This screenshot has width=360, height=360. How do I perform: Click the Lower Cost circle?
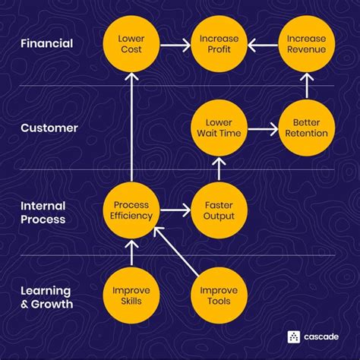tap(131, 43)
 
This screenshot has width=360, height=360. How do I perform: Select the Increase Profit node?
tap(219, 43)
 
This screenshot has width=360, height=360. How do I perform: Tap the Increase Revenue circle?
tap(306, 43)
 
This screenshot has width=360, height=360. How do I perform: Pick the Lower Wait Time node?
tap(219, 128)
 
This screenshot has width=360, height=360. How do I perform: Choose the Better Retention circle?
tap(306, 128)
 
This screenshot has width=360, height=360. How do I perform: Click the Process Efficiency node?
tap(131, 210)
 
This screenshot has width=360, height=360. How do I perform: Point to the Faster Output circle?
tap(219, 210)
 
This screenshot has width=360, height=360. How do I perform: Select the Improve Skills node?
tap(131, 296)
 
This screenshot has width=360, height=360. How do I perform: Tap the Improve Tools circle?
tap(219, 296)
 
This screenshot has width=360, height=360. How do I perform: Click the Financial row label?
tap(47, 43)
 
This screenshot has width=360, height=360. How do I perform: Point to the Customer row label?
tap(49, 128)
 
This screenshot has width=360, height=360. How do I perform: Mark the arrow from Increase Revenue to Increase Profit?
tap(263, 44)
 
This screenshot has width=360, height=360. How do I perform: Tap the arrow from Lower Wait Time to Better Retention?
tap(263, 128)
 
